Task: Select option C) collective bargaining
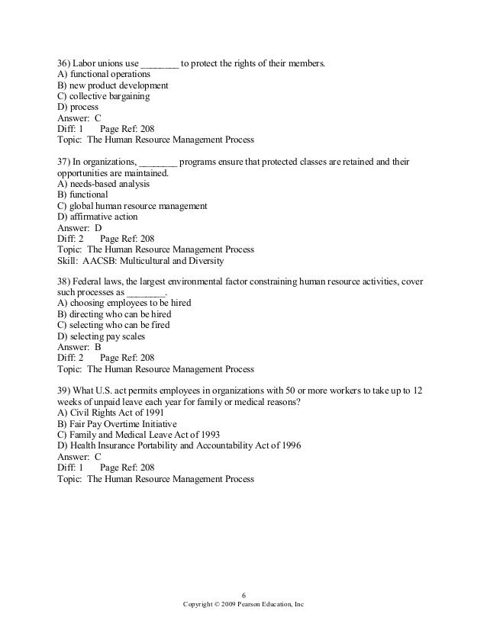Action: point(103,97)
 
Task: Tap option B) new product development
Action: point(113,85)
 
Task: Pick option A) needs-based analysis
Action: point(104,184)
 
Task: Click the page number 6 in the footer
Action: point(243,595)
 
